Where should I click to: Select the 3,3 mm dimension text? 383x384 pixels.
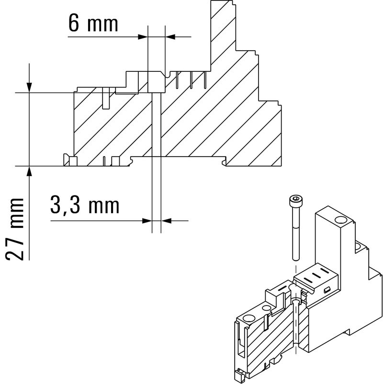click(x=84, y=206)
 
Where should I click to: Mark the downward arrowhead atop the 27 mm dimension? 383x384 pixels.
click(x=30, y=87)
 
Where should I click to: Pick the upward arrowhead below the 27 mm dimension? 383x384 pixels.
click(x=30, y=172)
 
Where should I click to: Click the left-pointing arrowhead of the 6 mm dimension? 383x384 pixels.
click(x=170, y=36)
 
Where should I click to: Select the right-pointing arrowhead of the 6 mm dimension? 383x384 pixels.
click(x=142, y=36)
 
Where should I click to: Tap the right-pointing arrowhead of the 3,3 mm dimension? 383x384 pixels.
click(x=147, y=220)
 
